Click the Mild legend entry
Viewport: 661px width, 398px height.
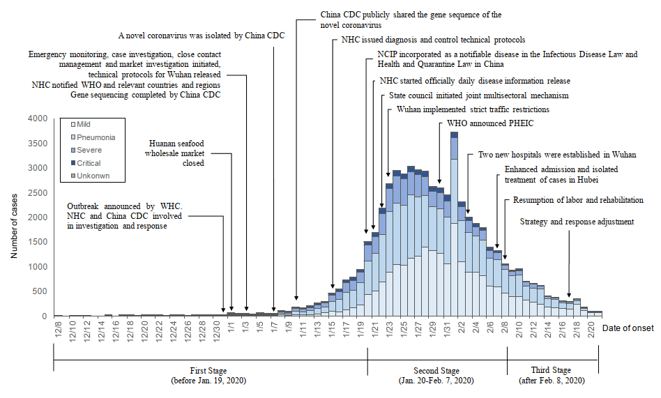tap(83, 124)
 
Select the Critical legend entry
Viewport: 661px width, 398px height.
tap(89, 163)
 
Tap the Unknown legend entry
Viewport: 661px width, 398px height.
tap(92, 176)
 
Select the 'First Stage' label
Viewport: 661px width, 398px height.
tap(208, 370)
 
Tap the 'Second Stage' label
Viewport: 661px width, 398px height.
tap(436, 370)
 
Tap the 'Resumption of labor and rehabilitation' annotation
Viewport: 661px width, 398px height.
tap(578, 200)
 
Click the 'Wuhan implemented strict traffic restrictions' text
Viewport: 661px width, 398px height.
tap(473, 110)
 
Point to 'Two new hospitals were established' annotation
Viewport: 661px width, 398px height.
tap(556, 155)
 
